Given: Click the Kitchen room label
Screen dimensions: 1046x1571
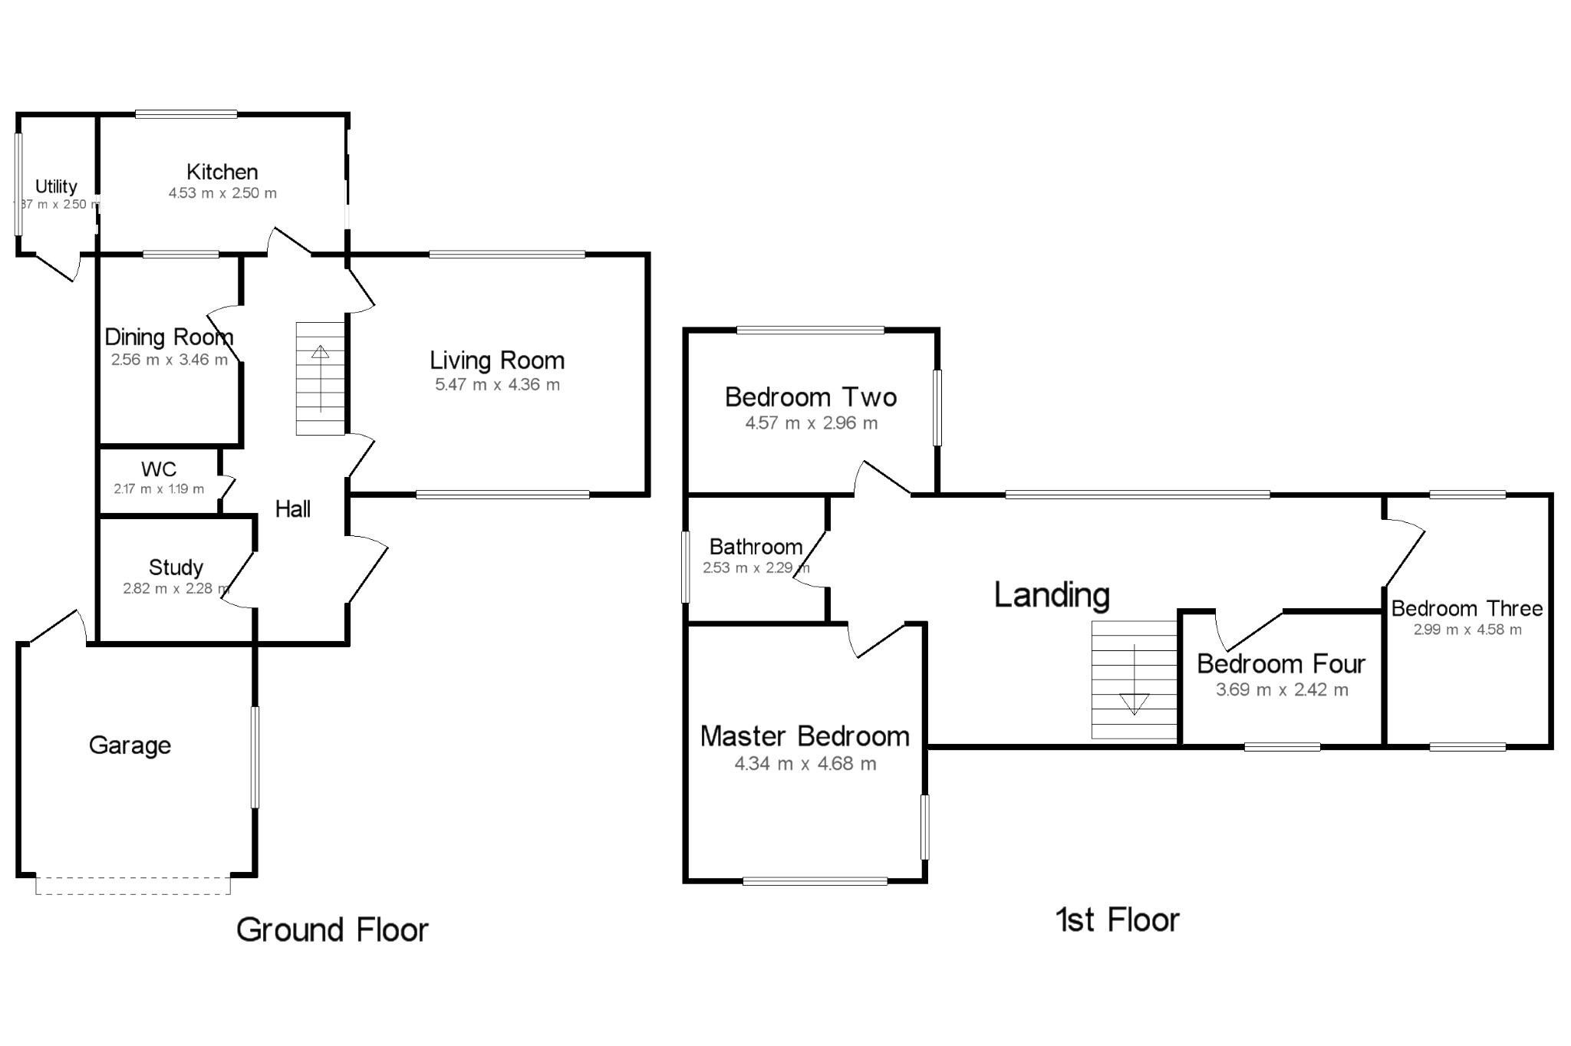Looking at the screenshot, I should coord(222,172).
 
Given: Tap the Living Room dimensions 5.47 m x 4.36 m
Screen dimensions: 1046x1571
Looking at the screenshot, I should coord(497,385).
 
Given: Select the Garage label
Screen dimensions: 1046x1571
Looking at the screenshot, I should coord(130,745).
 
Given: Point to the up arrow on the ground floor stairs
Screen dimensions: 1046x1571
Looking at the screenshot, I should coord(320,353).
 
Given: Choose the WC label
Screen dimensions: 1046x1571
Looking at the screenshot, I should coord(159,469).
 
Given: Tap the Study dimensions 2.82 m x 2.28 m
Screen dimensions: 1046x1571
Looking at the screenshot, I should coord(176,589).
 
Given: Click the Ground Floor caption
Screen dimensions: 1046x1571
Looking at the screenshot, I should coord(332,929).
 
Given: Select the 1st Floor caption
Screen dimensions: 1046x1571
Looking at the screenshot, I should coord(1117,920).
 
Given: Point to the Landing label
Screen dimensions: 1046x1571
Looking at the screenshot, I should coord(1052,595).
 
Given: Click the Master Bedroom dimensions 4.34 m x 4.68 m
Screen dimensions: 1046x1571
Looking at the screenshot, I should coord(805,764).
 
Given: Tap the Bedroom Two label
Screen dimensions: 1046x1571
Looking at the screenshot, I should coord(811,397).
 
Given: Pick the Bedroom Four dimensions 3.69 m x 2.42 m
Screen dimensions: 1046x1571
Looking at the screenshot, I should coord(1282,690).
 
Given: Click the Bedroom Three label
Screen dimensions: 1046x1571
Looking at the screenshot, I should coord(1467,609).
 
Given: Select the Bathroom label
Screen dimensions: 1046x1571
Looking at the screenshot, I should coord(756,547).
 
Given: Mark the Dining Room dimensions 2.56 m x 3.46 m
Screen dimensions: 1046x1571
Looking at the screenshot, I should coord(169,360).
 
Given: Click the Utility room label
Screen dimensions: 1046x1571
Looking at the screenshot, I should coord(56,186).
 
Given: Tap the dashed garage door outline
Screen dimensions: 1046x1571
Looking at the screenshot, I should coord(133,893).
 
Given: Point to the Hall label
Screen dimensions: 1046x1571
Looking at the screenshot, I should coord(293,509).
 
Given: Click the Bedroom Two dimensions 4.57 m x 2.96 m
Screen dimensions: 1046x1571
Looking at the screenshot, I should coord(811,423).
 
